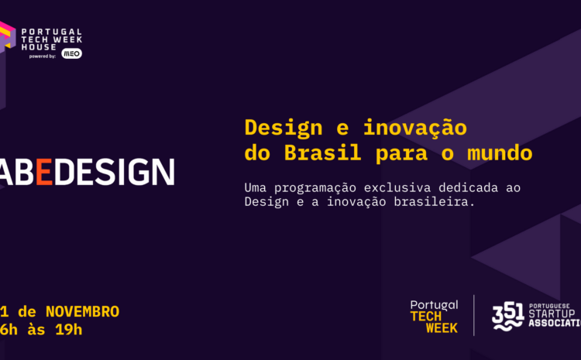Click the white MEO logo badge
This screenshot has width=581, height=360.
(71, 53)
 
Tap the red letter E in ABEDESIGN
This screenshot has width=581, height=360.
(43, 172)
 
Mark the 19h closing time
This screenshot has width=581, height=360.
(69, 329)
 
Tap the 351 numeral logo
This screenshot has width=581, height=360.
(507, 315)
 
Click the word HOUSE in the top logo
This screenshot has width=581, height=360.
(38, 46)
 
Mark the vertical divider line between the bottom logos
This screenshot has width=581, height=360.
(474, 316)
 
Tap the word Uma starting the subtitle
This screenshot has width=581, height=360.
(255, 187)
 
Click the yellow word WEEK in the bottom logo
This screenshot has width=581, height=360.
(442, 327)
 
